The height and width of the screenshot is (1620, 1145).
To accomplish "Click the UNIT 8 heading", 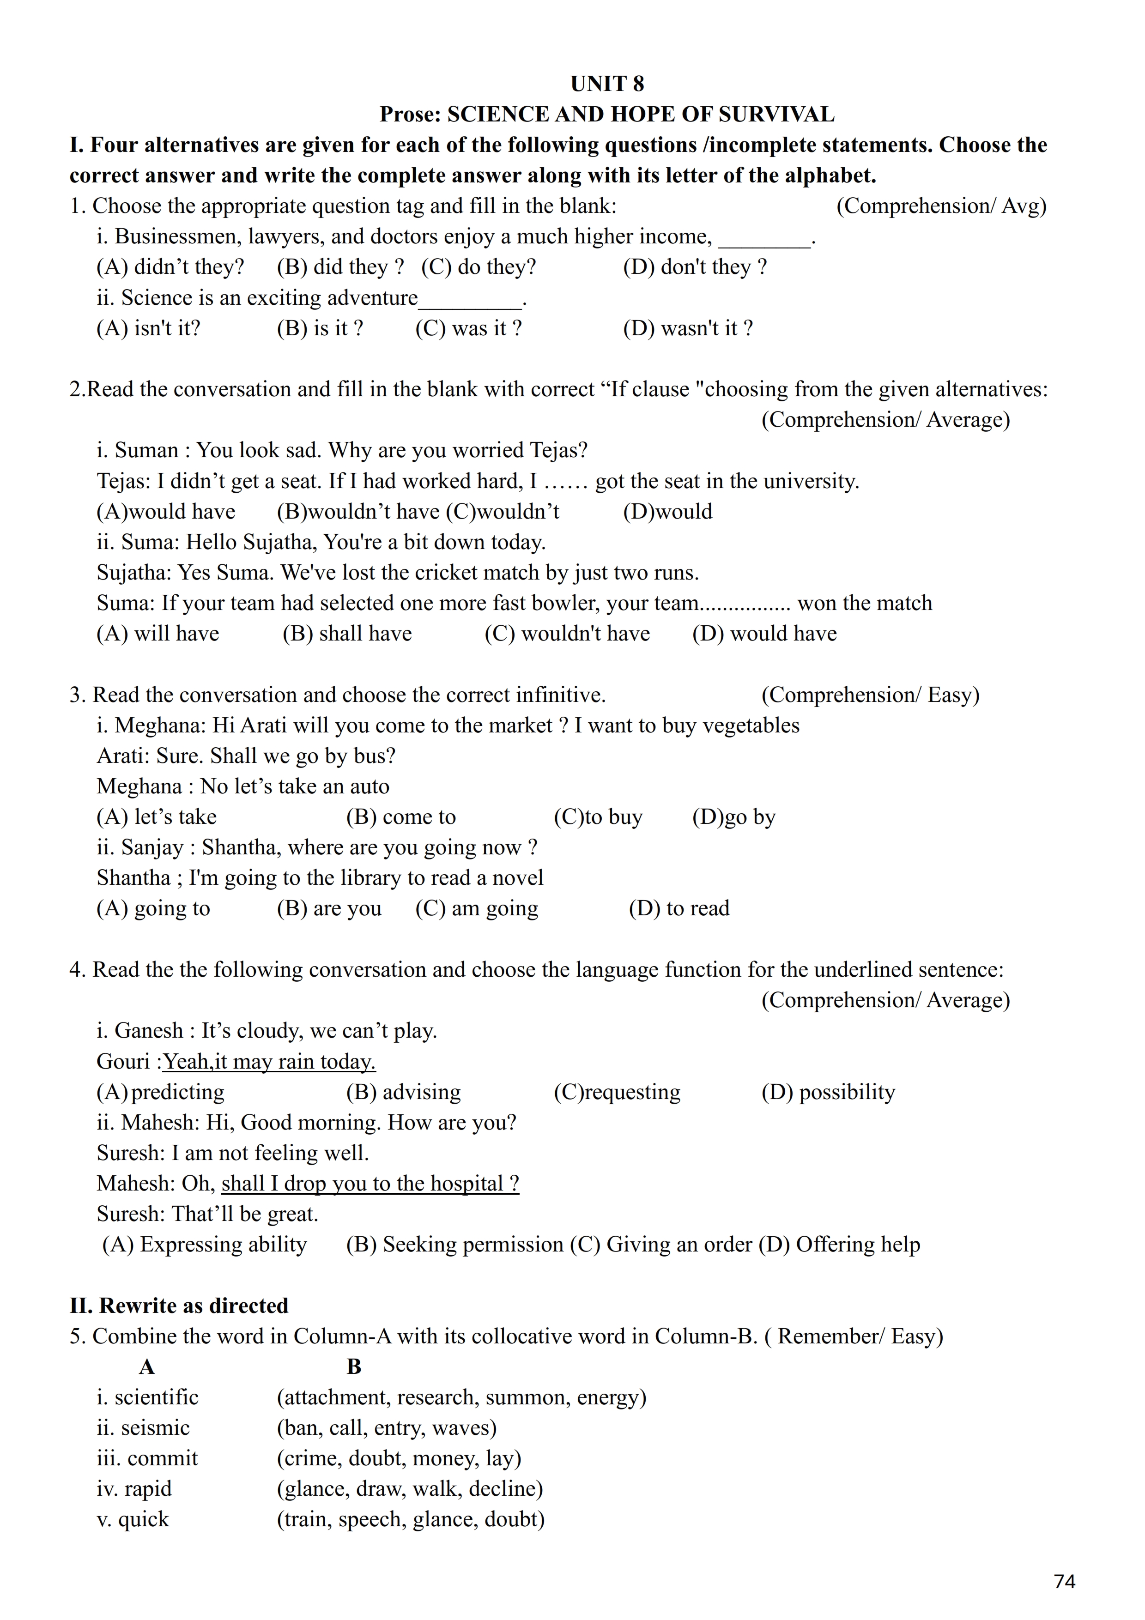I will (x=607, y=84).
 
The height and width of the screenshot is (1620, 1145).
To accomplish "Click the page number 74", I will (x=1064, y=1581).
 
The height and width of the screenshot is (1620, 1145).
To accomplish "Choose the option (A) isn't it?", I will (x=148, y=328).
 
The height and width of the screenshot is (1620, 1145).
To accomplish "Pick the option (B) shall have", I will (x=347, y=634).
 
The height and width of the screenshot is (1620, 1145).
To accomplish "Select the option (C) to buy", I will (x=598, y=817).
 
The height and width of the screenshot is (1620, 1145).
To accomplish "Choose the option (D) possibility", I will (x=828, y=1092).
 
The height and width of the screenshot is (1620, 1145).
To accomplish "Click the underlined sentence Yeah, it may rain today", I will (x=269, y=1062).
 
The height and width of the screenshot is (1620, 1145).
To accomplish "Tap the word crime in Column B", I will (x=310, y=1458).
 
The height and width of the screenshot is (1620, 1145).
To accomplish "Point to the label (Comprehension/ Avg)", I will (x=941, y=206).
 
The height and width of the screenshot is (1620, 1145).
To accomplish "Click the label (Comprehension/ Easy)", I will (x=870, y=695).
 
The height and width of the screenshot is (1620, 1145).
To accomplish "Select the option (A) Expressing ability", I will (x=205, y=1245).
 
